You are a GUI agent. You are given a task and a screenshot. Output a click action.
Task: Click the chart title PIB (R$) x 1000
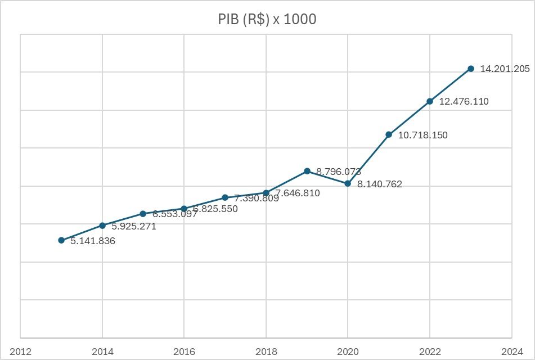[x=267, y=19]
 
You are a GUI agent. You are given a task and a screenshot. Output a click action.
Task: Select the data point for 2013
[x=61, y=240]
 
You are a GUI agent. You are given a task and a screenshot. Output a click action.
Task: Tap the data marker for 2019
[x=307, y=171]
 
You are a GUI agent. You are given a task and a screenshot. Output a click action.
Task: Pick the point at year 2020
[x=348, y=183]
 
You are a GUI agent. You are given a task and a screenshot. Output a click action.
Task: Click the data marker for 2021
[x=389, y=134]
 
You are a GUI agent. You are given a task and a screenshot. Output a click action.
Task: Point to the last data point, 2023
[x=471, y=69]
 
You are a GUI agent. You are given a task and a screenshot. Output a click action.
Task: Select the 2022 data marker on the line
[x=430, y=101]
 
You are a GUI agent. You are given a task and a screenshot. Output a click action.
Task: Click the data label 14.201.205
[x=505, y=69]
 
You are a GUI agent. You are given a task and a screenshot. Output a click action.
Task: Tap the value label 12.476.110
[x=464, y=102]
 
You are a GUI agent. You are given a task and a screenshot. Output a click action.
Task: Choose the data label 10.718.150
[x=422, y=135]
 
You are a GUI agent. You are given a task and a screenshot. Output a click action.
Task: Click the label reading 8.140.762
[x=380, y=184]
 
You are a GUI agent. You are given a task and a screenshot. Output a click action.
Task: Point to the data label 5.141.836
[x=93, y=241]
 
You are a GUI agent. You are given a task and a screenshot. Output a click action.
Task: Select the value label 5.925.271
[x=133, y=227]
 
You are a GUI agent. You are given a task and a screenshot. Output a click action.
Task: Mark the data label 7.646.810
[x=298, y=193]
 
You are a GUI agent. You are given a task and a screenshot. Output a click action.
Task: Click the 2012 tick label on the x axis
[x=20, y=352]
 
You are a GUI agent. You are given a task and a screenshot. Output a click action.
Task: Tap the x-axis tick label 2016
[x=184, y=352]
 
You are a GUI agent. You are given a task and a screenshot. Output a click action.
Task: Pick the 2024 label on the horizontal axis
[x=512, y=352]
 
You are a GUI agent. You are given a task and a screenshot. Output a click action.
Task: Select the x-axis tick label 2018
[x=266, y=352]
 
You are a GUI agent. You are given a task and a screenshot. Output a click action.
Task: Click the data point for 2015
[x=143, y=214]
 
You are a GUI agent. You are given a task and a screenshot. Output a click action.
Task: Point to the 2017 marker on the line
[x=225, y=197]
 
